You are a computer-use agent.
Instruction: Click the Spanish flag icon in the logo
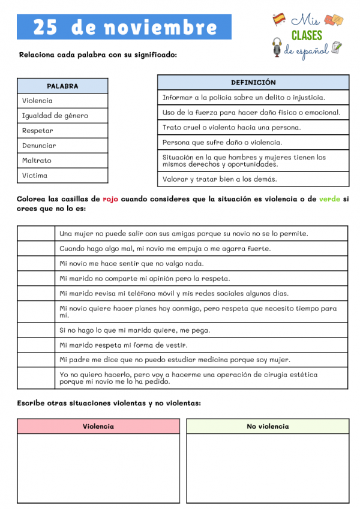pyautogui.click(x=279, y=19)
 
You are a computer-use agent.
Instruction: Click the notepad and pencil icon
pyautogui.click(x=337, y=47)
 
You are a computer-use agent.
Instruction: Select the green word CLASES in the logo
pyautogui.click(x=307, y=35)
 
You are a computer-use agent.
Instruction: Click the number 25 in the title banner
pyautogui.click(x=46, y=27)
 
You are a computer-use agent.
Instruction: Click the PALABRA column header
pyautogui.click(x=62, y=86)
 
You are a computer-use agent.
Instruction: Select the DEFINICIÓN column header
pyautogui.click(x=253, y=82)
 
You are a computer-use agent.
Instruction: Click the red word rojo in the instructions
pyautogui.click(x=110, y=199)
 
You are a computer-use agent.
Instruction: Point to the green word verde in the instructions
pyautogui.click(x=329, y=199)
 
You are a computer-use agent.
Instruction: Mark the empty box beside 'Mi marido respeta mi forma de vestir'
pyautogui.click(x=36, y=345)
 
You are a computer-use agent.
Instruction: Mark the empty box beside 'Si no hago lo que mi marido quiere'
pyautogui.click(x=36, y=330)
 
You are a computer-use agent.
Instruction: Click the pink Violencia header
pyautogui.click(x=98, y=426)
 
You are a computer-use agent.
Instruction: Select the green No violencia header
pyautogui.click(x=268, y=426)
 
